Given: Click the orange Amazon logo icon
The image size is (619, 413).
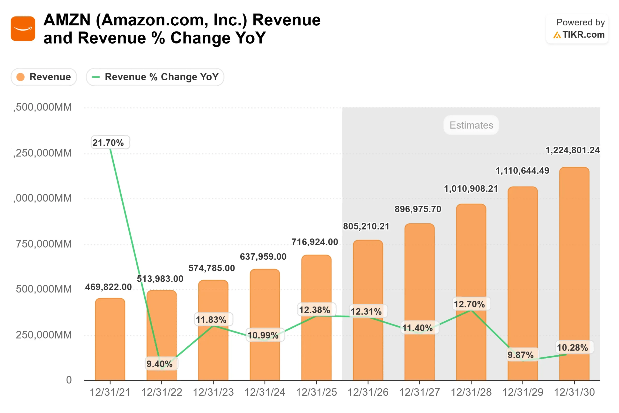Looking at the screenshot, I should tap(23, 29).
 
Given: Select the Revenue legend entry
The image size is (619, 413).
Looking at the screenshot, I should tap(44, 77).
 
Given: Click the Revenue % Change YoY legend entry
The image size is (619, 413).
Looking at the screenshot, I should tap(155, 77).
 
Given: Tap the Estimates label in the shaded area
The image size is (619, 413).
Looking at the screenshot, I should tap(471, 125).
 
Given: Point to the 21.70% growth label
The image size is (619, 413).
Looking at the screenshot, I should tap(110, 143).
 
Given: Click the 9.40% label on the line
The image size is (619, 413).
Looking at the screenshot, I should tap(160, 364).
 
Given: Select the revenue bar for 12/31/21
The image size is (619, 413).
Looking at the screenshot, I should tap(110, 340).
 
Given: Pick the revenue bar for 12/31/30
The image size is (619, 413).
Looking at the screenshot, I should tap(574, 274).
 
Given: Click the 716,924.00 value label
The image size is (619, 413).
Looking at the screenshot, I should tap(315, 242).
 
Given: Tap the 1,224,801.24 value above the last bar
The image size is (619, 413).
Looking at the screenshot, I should tap(572, 150).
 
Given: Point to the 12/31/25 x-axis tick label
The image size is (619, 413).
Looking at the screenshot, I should tap(316, 392).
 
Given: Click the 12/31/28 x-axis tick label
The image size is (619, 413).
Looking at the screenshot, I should tap(471, 392).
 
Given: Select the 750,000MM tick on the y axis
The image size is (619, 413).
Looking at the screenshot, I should tap(44, 244).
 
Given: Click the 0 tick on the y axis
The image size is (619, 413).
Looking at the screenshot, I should tap(69, 380).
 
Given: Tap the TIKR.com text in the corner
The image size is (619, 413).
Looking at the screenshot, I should tap(583, 35).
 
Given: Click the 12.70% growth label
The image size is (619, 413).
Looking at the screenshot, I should tap(469, 304).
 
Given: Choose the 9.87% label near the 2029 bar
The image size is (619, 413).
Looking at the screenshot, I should tap(520, 355).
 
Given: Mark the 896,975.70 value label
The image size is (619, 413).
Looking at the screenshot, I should tap(418, 209).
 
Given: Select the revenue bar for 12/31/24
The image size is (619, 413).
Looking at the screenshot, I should tap(265, 325).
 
